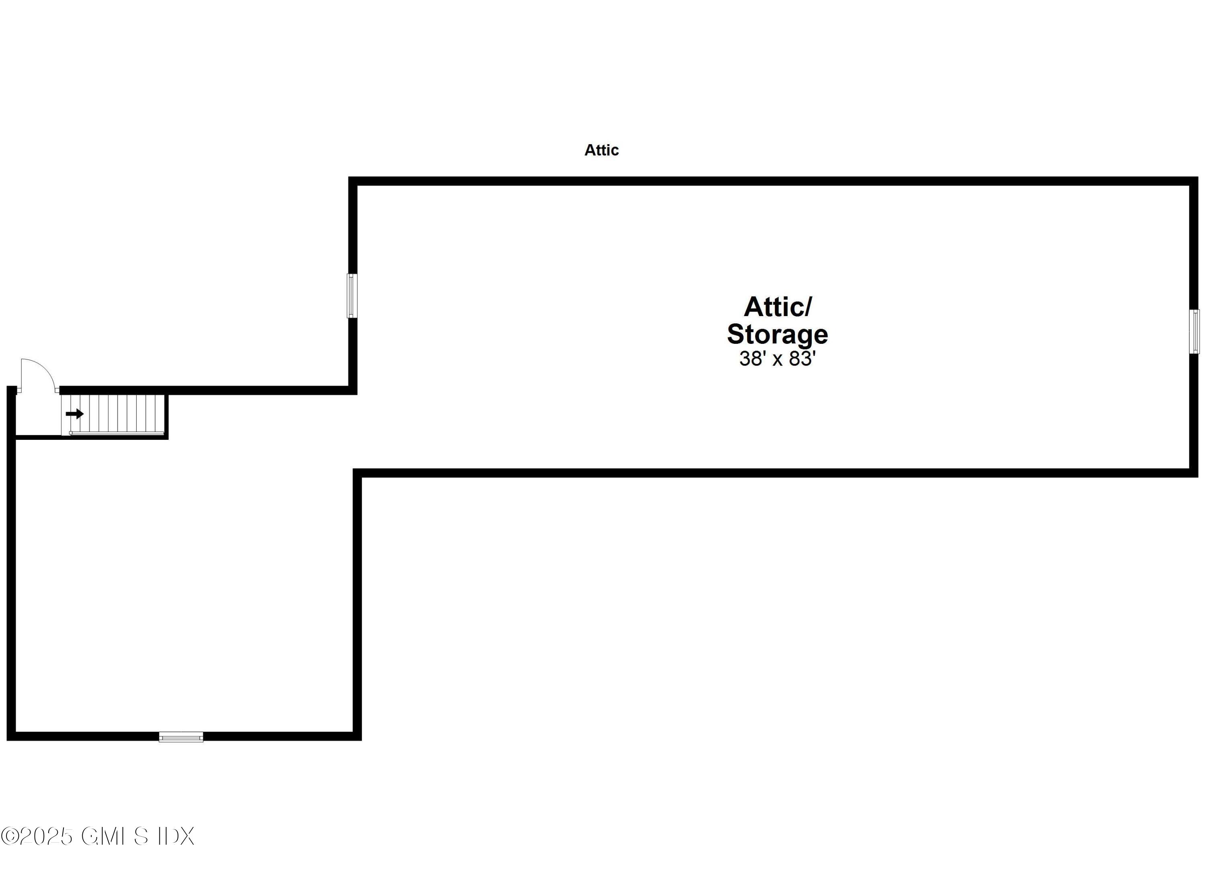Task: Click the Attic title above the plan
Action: (x=601, y=150)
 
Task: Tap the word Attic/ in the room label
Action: (x=778, y=306)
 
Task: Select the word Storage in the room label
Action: (x=777, y=335)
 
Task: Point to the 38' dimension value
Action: (x=751, y=359)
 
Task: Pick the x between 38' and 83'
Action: (x=777, y=361)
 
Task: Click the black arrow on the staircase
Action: (x=75, y=414)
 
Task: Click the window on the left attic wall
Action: (x=352, y=296)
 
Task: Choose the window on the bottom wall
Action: (x=181, y=737)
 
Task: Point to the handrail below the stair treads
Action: (x=117, y=433)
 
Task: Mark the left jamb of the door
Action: (x=19, y=390)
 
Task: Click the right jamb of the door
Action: (x=57, y=390)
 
